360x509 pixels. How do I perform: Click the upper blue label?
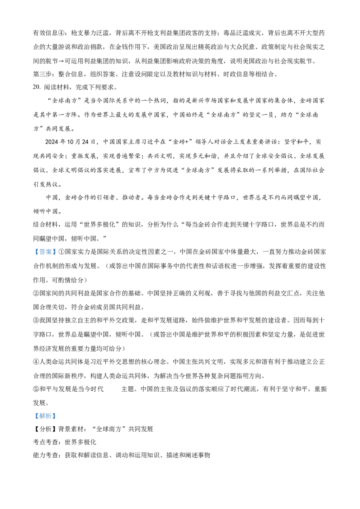coord(45,252)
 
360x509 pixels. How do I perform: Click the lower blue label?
coord(45,416)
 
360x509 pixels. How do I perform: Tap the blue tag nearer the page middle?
coord(45,252)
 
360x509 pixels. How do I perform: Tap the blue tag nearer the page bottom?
coord(45,416)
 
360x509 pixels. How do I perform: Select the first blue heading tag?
coord(45,252)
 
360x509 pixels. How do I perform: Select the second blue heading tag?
coord(45,416)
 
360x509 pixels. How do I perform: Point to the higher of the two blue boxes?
coord(45,252)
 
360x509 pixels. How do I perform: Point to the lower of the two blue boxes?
coord(45,416)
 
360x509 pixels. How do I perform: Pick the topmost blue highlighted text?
coord(45,252)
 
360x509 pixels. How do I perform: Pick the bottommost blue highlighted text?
coord(45,416)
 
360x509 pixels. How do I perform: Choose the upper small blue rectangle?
coord(45,252)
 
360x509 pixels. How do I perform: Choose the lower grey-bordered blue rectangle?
coord(45,416)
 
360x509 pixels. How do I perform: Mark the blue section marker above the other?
coord(45,252)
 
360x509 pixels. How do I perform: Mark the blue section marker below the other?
coord(45,416)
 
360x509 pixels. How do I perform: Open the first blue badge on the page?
coord(45,252)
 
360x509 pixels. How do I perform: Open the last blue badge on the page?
coord(45,416)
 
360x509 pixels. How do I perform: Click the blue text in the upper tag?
coord(45,252)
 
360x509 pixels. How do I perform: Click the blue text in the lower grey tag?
coord(45,416)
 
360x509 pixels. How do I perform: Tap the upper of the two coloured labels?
coord(45,252)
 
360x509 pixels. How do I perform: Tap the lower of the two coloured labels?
coord(45,416)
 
